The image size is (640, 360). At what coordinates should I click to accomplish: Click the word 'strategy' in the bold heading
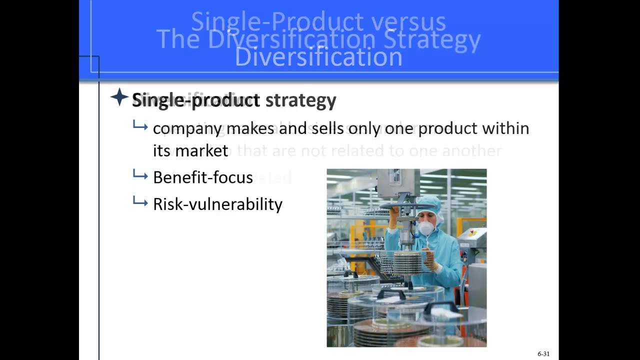(x=300, y=100)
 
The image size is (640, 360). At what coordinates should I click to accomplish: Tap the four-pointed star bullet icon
(x=119, y=97)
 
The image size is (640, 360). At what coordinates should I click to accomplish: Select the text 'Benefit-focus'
(x=202, y=177)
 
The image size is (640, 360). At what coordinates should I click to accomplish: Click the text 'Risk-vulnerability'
(x=217, y=204)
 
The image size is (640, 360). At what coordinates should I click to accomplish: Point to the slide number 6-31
(x=543, y=354)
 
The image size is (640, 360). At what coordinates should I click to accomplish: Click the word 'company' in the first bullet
(x=187, y=128)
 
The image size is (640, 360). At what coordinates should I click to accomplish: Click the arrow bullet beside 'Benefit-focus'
(x=140, y=175)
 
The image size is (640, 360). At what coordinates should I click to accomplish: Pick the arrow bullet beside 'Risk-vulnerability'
(x=140, y=202)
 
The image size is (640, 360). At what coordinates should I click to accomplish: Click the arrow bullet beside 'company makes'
(x=140, y=126)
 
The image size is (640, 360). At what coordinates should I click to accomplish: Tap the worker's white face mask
(x=425, y=228)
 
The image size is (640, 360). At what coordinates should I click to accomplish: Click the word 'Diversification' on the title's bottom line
(x=318, y=57)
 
